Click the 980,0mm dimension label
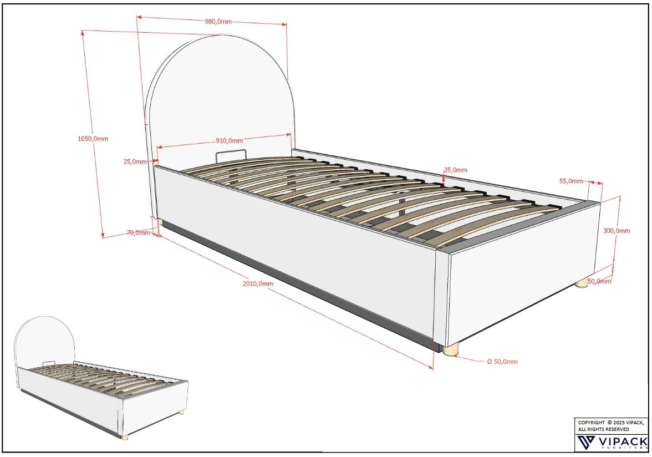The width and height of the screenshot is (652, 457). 218,22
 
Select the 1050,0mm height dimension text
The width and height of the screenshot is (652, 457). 93,138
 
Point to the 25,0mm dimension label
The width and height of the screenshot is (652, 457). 135,162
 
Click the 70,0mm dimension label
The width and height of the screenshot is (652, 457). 138,232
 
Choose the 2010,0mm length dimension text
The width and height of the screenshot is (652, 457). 258,283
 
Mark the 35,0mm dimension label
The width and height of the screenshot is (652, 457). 455,170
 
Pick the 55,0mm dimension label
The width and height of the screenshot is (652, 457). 571,181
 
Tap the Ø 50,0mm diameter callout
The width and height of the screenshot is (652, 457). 502,362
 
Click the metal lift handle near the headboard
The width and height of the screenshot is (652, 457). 230,154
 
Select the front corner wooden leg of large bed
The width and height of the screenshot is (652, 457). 451,349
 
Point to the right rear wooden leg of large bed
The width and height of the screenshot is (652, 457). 581,283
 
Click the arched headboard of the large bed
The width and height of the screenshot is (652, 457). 222,94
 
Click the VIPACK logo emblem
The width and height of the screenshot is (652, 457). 587,443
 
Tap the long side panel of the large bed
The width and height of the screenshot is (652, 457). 294,250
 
